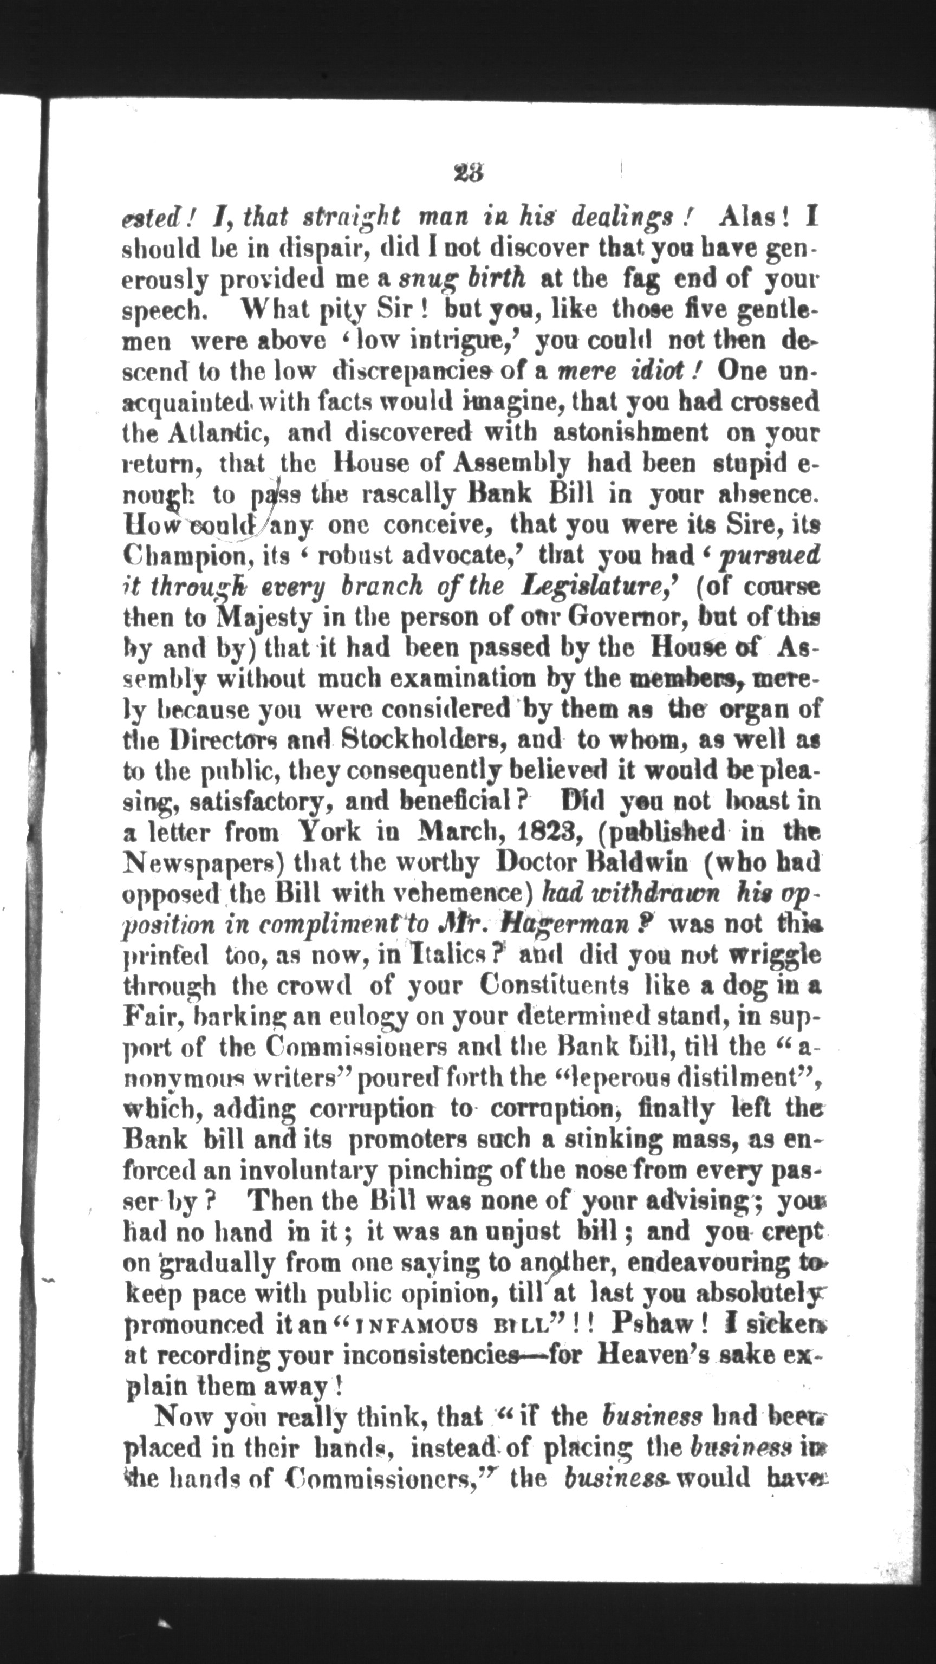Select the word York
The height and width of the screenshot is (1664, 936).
coord(329,831)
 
